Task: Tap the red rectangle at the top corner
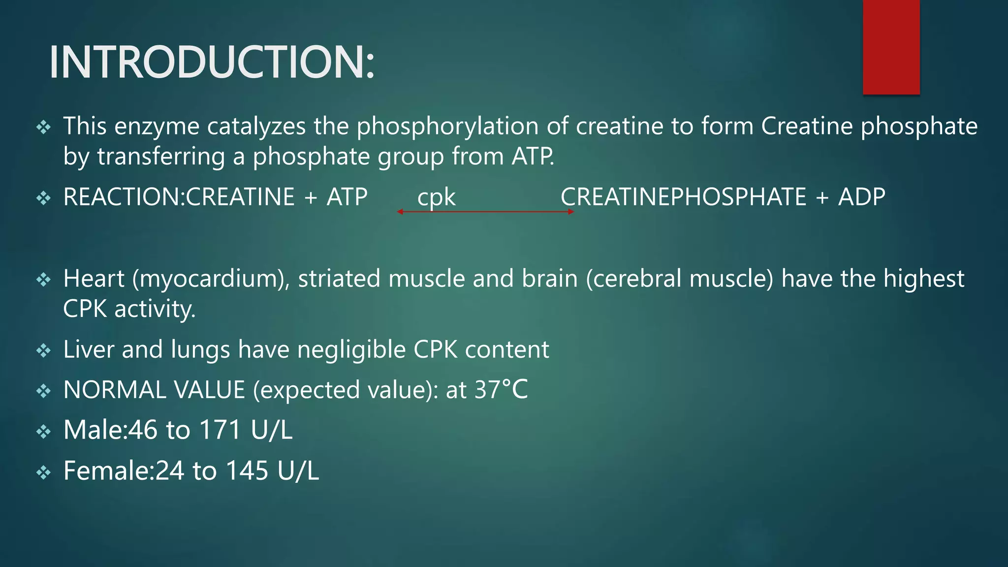(891, 47)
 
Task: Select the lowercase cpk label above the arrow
(436, 197)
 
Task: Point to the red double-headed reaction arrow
(485, 212)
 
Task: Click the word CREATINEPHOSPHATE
(683, 197)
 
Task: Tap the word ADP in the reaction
(862, 197)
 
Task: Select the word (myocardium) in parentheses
(211, 279)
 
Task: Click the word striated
(339, 279)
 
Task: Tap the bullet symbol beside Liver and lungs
(44, 351)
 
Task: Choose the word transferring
(161, 157)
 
